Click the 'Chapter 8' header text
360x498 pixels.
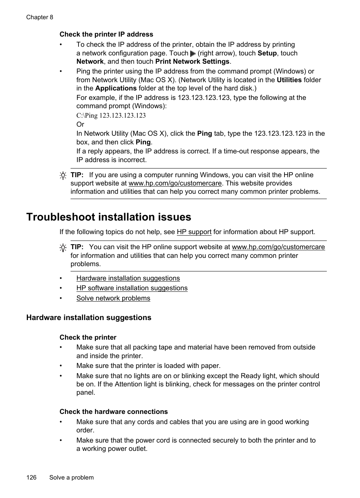tap(40, 17)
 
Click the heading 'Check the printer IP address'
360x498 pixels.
tap(106, 34)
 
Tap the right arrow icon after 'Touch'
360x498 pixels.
tap(193, 54)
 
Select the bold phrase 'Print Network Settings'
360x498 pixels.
tap(192, 61)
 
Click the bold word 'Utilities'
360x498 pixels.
tap(289, 80)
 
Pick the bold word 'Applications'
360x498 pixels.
tap(116, 88)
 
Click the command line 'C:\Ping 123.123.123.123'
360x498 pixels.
tap(111, 115)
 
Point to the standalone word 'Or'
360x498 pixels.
tap(80, 124)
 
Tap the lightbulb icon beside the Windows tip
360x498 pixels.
tap(63, 175)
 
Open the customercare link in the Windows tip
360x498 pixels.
tap(175, 183)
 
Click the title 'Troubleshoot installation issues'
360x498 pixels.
tap(109, 217)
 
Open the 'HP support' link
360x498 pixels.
tap(194, 232)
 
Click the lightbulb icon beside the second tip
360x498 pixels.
tap(63, 248)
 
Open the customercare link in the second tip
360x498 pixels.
tap(278, 247)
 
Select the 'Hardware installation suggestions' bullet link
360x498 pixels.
tap(128, 278)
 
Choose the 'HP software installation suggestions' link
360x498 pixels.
tap(132, 288)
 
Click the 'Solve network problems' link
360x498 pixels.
tap(113, 298)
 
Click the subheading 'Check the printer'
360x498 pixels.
tap(88, 337)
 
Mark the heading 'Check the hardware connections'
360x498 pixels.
tap(114, 412)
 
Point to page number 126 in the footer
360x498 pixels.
tap(31, 478)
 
